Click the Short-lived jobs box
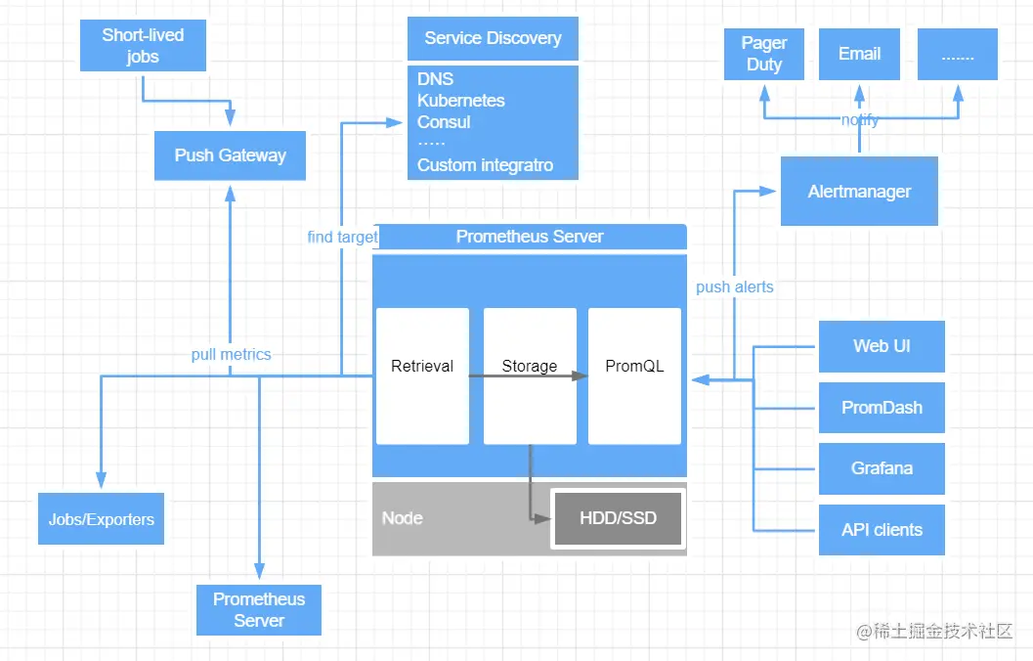click(143, 46)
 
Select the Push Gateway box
click(230, 155)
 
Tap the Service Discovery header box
click(493, 38)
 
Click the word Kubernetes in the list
click(461, 101)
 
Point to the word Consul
click(444, 122)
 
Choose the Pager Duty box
click(764, 54)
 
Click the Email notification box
click(859, 54)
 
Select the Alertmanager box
click(859, 191)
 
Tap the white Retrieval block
click(422, 376)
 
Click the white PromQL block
click(634, 376)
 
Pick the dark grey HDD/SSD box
click(618, 518)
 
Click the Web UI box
click(882, 347)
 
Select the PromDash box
click(882, 408)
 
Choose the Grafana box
click(882, 468)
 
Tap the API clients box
click(882, 530)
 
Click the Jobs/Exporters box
click(101, 518)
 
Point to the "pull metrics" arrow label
click(232, 355)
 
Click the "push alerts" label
click(735, 287)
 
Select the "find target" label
click(343, 238)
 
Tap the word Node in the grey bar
click(403, 518)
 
